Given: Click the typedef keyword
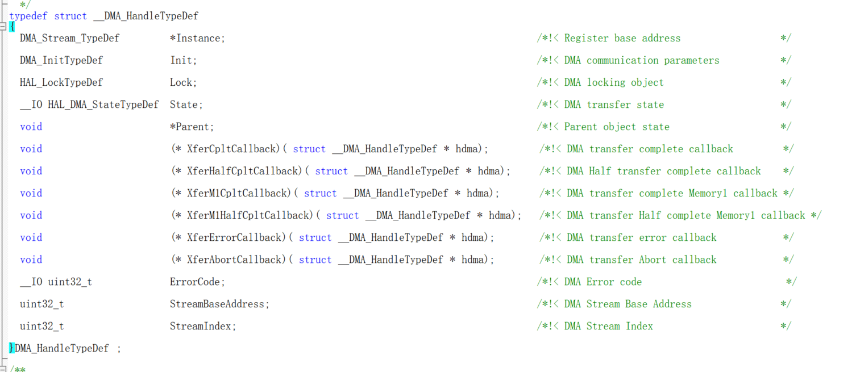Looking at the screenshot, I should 28,16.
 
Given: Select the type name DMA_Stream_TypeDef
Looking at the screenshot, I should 69,38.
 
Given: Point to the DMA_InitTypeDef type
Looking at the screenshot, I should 61,60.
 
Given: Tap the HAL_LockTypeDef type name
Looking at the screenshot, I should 61,82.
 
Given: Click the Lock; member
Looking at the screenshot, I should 183,82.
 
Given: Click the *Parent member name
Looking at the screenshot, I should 192,127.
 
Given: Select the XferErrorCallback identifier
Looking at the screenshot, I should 234,237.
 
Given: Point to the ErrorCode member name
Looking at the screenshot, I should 197,282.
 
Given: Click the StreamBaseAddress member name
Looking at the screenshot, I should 219,304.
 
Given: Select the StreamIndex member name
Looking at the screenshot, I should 202,326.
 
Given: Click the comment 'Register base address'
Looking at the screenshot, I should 622,38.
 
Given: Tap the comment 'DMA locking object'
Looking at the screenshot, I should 614,82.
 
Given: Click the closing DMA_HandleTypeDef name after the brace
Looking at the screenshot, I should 61,348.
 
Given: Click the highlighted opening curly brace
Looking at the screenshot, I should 12,27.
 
